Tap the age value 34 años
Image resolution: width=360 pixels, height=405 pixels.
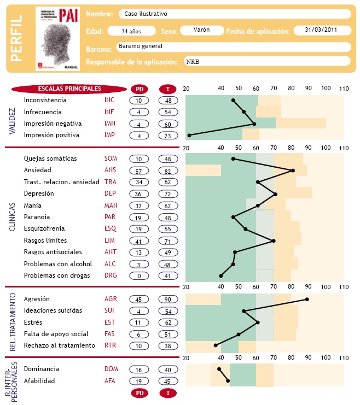tap(132, 31)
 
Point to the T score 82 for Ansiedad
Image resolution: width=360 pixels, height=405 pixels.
tap(169, 170)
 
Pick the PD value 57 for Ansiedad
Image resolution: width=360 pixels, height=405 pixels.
tap(139, 170)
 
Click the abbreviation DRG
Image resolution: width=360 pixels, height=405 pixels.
tap(111, 276)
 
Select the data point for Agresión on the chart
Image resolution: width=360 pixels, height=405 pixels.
tap(307, 300)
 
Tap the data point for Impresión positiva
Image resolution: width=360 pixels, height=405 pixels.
tap(189, 135)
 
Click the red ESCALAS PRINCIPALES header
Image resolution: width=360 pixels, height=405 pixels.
tap(69, 89)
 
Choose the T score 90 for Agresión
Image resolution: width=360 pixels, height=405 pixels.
tap(169, 300)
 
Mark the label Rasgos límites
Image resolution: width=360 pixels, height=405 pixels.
tap(45, 240)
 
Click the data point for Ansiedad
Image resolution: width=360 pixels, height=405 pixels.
tap(293, 171)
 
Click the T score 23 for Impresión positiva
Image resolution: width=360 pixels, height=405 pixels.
tap(169, 136)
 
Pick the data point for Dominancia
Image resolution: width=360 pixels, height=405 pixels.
tap(219, 369)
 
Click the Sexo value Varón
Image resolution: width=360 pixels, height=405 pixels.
tap(201, 30)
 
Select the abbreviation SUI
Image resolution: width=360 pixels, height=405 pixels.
tap(110, 311)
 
